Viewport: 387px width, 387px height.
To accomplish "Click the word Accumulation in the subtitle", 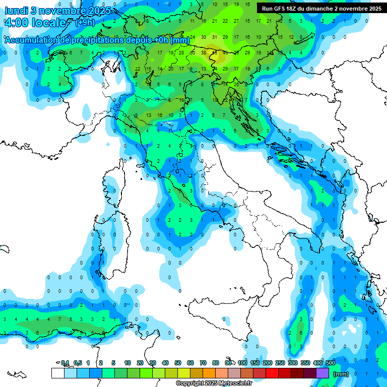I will pyautogui.click(x=32, y=40).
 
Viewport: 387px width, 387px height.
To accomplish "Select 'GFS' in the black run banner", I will pyautogui.click(x=280, y=9).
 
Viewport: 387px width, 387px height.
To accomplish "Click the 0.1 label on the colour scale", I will pyautogui.click(x=65, y=363).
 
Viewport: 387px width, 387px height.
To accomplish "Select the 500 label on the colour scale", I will pyautogui.click(x=330, y=363).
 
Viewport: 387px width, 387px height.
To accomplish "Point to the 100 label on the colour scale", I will pyautogui.click(x=242, y=363).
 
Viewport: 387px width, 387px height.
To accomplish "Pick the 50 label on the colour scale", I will pyautogui.click(x=178, y=363).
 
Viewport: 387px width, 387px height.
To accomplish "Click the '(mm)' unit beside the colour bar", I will pyautogui.click(x=341, y=374).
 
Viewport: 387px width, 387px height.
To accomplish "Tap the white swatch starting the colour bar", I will pyautogui.click(x=57, y=373).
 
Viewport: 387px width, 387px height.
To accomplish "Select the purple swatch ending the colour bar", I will pyautogui.click(x=322, y=373).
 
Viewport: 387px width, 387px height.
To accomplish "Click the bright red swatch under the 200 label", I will pyautogui.click(x=272, y=373).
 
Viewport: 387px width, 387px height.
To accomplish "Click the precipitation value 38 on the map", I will pyautogui.click(x=204, y=52).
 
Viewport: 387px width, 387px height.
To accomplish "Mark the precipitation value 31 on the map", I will pyautogui.click(x=214, y=37).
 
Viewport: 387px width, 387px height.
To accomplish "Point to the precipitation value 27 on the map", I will pyautogui.click(x=236, y=21).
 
